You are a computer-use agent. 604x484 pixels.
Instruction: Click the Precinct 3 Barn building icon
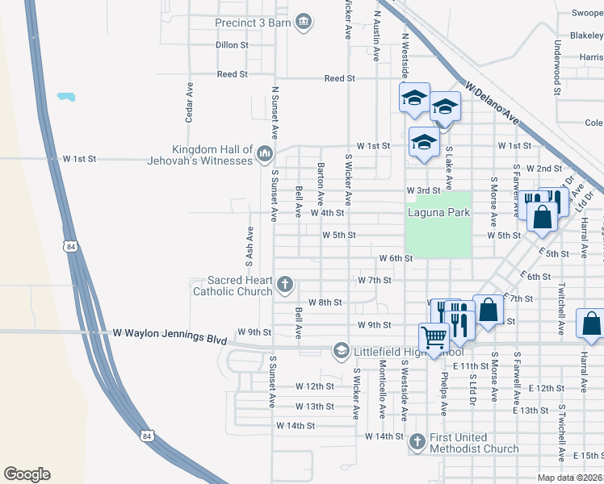304,22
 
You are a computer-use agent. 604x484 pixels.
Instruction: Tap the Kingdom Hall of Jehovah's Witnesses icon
264,153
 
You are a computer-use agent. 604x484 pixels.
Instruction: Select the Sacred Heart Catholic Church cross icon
284,284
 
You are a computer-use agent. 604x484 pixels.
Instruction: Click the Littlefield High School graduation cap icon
342,350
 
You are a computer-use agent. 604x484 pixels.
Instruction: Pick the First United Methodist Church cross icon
417,441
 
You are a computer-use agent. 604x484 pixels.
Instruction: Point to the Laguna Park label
438,213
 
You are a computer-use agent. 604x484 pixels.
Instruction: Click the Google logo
27,474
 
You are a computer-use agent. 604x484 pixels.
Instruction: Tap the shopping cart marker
434,337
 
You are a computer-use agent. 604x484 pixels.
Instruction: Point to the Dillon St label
232,45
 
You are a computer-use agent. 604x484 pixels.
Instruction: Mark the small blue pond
65,97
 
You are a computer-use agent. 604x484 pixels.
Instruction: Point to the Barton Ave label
321,182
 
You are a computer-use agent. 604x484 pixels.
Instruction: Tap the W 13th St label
314,407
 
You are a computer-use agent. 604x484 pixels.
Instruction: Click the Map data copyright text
570,478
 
